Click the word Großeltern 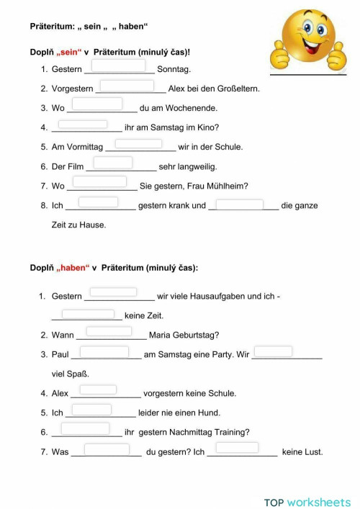click(x=235, y=89)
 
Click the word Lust click(x=312, y=452)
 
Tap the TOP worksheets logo click(x=307, y=502)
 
